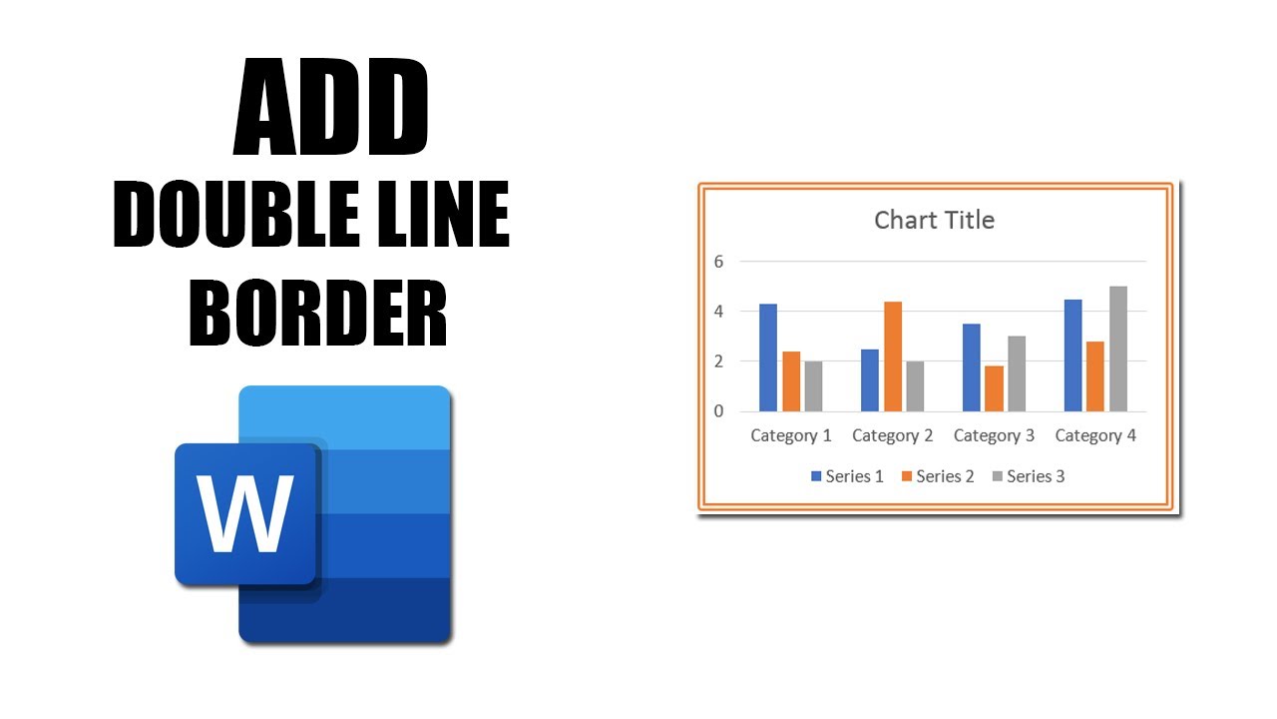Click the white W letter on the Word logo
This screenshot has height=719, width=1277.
(x=245, y=513)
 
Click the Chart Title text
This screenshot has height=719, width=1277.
(x=934, y=220)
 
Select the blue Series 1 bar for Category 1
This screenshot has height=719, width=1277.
(x=768, y=358)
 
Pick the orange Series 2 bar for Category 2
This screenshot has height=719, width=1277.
(x=893, y=356)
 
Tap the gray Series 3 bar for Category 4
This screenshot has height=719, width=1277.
(x=1118, y=349)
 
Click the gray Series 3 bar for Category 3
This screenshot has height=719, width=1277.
(x=1017, y=373)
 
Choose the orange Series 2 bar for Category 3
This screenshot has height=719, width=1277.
(x=994, y=388)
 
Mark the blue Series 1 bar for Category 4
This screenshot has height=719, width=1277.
(x=1072, y=356)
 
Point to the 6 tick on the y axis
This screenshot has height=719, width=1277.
(x=717, y=262)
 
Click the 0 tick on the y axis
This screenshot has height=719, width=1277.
(x=717, y=411)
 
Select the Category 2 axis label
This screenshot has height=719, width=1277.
(x=893, y=435)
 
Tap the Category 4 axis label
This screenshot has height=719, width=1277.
(x=1095, y=435)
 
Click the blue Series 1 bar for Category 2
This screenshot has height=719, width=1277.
(x=870, y=379)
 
